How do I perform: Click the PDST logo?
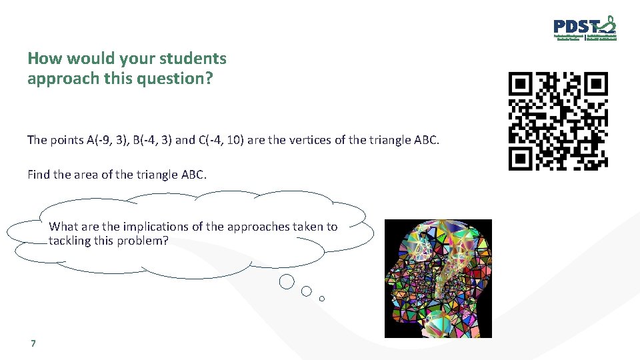point(585,29)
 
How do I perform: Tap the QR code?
point(558,121)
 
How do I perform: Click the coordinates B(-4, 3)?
point(151,140)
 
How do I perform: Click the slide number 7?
point(33,344)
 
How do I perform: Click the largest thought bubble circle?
point(287,282)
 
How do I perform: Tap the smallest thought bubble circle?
point(322,299)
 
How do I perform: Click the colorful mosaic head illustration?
point(438,278)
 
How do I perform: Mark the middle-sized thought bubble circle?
point(307,291)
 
